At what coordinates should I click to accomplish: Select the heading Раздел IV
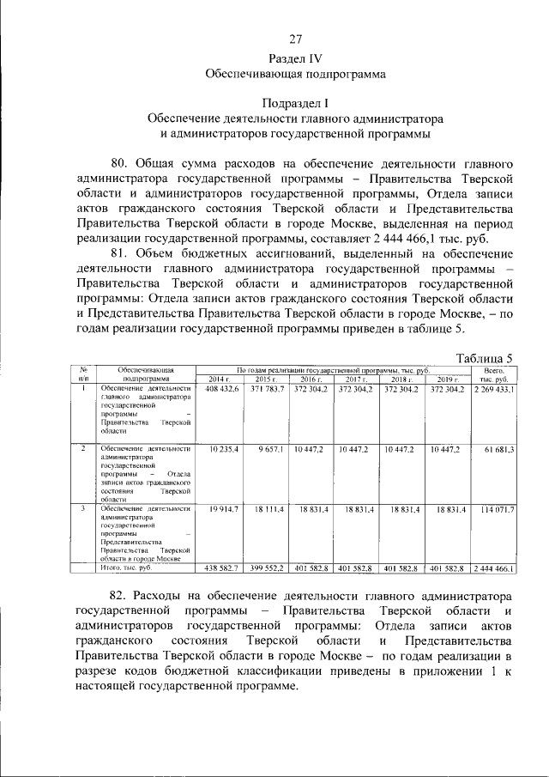[295, 58]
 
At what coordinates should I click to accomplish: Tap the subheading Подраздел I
[295, 102]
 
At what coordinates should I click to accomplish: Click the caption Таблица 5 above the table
[485, 357]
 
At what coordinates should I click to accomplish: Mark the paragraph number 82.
[125, 595]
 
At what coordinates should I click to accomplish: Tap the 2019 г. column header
[449, 379]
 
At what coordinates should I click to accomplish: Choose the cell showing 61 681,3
[499, 449]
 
